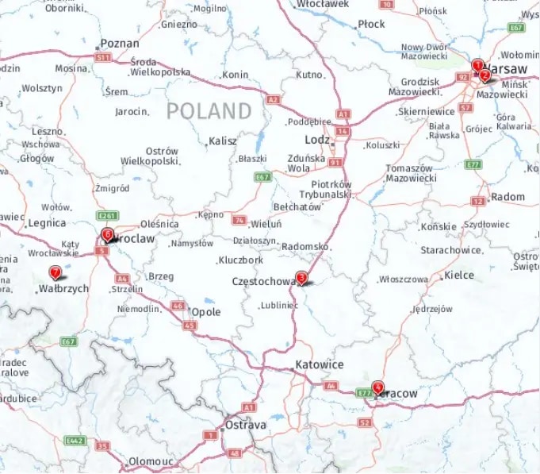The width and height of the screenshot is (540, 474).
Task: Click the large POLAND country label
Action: point(209,111)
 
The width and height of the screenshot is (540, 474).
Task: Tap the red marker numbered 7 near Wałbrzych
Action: point(56,273)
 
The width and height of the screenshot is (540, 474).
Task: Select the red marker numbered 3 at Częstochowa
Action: point(301,278)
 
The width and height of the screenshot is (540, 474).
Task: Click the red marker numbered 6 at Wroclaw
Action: point(108,234)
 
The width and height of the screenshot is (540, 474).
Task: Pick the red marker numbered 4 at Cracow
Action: point(377,387)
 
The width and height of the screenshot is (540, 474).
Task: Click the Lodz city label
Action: point(317,140)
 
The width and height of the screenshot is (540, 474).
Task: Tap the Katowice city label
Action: point(319,365)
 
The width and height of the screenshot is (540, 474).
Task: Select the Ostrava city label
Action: point(246,426)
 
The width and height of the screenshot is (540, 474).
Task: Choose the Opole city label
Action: point(206,312)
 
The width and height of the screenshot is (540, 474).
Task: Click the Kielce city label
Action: point(459,276)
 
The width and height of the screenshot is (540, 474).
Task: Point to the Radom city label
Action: point(508,197)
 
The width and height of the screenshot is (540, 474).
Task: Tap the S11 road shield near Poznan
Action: point(102,58)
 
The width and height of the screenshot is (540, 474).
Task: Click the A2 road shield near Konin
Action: point(274,100)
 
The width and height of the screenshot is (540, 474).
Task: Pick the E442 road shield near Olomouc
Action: point(75,440)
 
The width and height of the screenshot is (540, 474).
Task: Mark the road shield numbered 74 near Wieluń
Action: point(239,218)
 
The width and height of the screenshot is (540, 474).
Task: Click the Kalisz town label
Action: point(222,141)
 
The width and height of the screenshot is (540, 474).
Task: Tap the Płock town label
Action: point(371,25)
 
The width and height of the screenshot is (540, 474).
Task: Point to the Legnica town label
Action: point(46,224)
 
